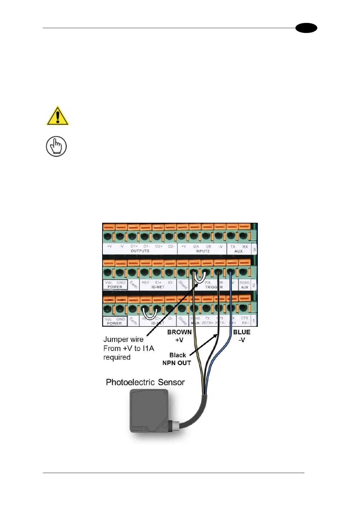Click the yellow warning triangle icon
(57, 116)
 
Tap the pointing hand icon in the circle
(56, 147)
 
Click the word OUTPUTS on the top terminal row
(140, 251)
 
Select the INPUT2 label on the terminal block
(203, 251)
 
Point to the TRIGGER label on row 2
(213, 287)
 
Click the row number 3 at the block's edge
(254, 250)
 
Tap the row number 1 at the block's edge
(253, 321)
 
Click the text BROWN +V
(179, 336)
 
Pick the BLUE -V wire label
(242, 336)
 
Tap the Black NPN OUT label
(177, 359)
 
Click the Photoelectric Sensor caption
(145, 382)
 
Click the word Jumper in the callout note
(114, 339)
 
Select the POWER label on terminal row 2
(115, 287)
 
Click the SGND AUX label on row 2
(244, 285)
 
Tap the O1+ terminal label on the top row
(134, 246)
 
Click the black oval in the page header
(306, 28)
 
